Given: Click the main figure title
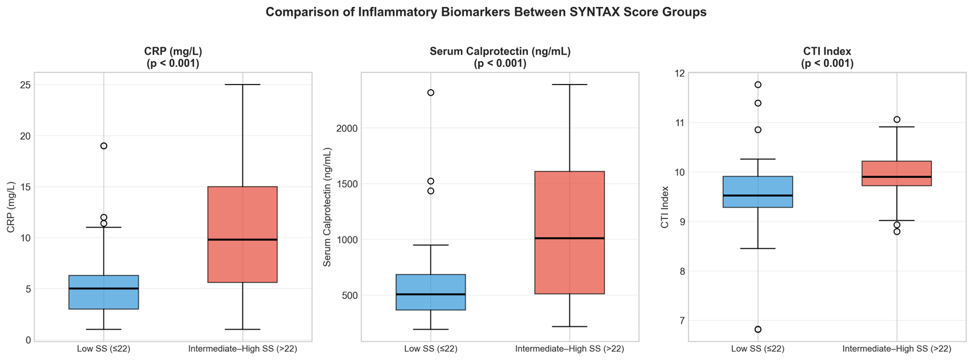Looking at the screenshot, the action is point(486,12).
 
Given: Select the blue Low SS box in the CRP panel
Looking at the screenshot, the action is point(103,292).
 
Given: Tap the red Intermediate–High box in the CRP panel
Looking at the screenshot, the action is point(242,234).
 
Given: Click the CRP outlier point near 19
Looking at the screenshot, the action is point(103,146).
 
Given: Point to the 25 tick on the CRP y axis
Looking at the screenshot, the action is point(25,84).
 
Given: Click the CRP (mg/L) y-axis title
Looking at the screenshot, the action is point(11,207).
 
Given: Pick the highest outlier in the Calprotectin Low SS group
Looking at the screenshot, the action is point(431,93).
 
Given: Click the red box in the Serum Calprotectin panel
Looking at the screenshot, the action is point(569,232).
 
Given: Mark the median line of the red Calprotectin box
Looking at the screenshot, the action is point(569,238).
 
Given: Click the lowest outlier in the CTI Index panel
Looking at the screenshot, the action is point(758,330).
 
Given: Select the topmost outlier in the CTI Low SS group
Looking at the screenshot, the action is point(758,84).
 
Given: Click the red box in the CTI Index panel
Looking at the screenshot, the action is point(897,173).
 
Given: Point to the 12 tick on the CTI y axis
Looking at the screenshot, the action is point(680,73).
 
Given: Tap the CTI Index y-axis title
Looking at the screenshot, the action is point(665,207).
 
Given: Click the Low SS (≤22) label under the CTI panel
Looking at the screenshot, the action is point(758,349).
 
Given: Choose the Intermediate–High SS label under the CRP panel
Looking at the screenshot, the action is point(242,349).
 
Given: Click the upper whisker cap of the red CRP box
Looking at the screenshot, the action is point(242,84).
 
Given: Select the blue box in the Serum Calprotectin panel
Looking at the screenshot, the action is point(431,292).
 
